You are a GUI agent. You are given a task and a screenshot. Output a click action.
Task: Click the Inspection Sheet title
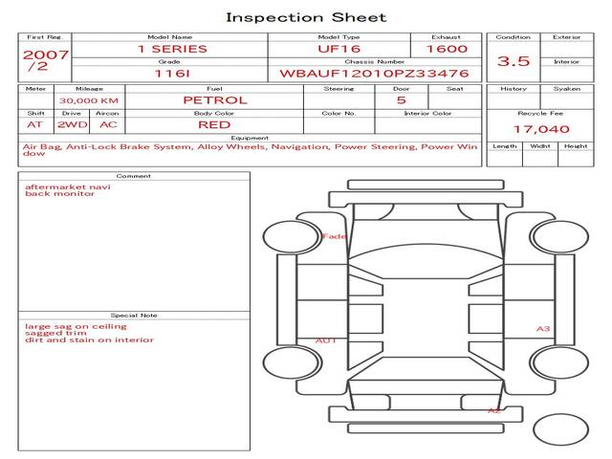pos(306,17)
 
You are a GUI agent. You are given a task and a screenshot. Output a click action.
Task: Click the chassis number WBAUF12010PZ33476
pos(374,73)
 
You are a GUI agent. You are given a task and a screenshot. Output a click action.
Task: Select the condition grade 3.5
pos(513,60)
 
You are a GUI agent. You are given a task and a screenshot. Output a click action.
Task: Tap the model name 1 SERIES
pos(171,49)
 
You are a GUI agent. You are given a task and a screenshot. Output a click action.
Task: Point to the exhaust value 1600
pos(447,49)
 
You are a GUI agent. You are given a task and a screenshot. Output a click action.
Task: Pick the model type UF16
pos(339,49)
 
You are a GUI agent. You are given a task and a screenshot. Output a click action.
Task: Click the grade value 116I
pos(169,73)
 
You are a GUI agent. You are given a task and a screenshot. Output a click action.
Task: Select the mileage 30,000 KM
pos(88,100)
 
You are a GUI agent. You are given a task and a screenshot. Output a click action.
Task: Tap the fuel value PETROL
pos(214,99)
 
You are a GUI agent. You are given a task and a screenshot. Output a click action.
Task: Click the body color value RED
pos(213,124)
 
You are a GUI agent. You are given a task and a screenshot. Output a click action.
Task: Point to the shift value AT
pos(35,124)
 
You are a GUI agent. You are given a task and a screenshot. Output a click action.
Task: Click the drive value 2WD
pos(71,124)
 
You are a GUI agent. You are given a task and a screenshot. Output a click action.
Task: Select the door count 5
pos(401,99)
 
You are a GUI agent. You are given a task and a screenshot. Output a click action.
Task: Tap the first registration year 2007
pos(45,55)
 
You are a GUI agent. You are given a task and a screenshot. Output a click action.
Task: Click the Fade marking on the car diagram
pos(335,236)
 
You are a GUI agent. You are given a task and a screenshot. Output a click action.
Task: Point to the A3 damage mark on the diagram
pos(542,329)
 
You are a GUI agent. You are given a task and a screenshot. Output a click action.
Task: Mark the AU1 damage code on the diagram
pos(326,340)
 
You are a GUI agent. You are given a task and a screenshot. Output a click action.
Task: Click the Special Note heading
pos(133,315)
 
